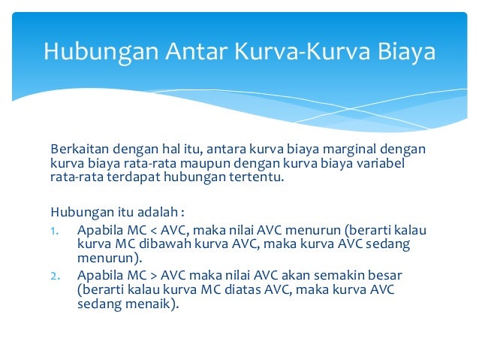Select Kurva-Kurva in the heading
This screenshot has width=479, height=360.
pyautogui.click(x=292, y=52)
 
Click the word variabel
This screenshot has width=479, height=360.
pyautogui.click(x=389, y=163)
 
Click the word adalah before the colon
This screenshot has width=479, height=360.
pyautogui.click(x=155, y=210)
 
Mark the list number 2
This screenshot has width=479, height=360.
pyautogui.click(x=54, y=274)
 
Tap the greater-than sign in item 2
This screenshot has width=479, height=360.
pyautogui.click(x=158, y=274)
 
